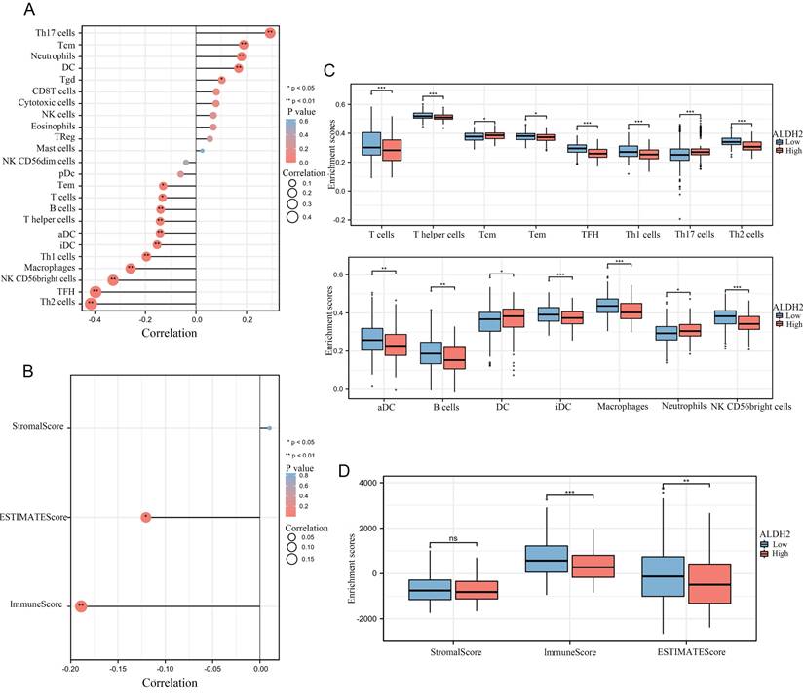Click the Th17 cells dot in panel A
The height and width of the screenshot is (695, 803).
(x=270, y=33)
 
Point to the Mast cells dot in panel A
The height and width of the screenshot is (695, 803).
(x=202, y=151)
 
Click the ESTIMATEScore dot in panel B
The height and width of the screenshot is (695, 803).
(x=146, y=517)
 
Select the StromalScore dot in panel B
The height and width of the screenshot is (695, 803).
(x=270, y=427)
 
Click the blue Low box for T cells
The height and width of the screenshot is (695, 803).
(x=370, y=142)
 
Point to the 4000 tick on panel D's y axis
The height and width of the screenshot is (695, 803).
(x=367, y=483)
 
